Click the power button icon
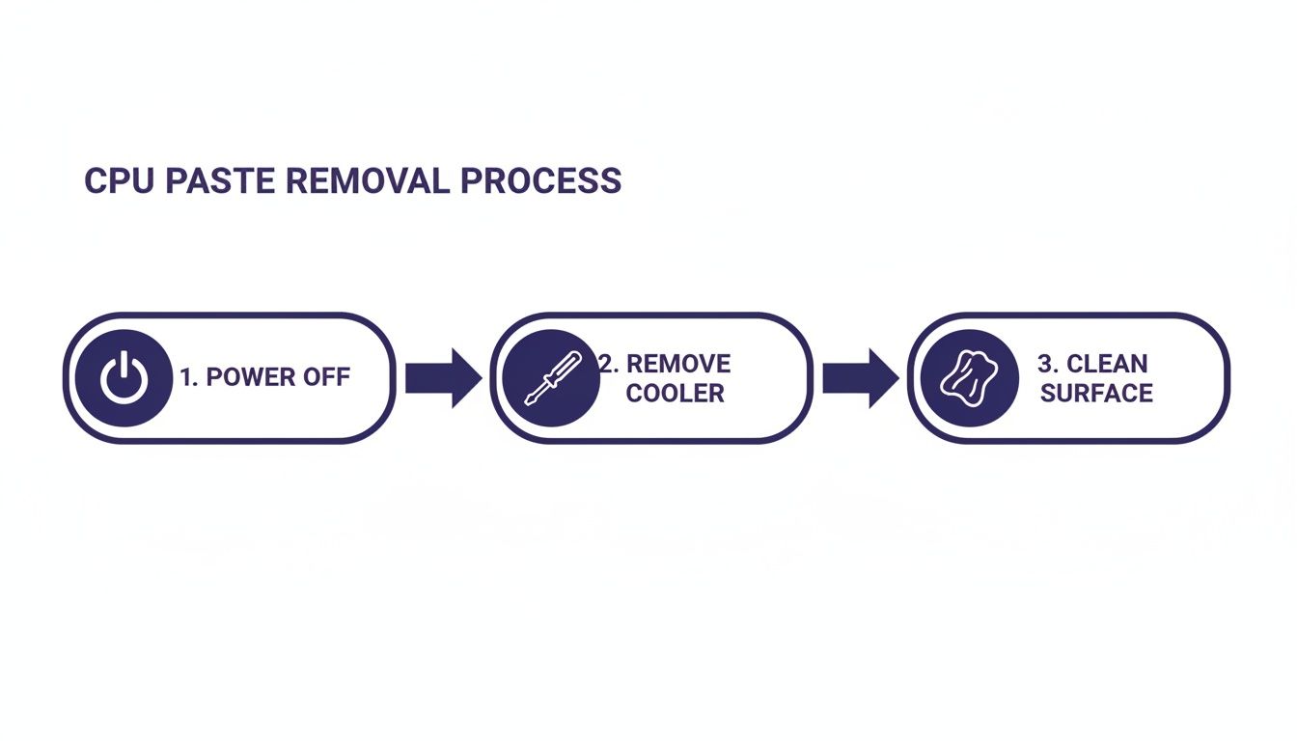pos(124,378)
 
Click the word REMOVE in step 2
pos(678,364)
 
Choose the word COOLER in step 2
pos(675,394)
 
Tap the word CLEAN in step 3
pos(1107,364)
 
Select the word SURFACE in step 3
pos(1096,394)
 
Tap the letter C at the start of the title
pos(95,181)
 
